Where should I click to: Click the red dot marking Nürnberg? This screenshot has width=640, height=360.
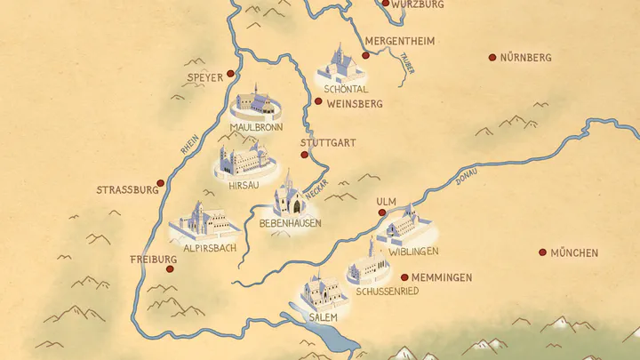click(492, 58)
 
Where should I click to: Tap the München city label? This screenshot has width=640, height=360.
click(574, 253)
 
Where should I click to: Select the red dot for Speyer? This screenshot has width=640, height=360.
click(231, 74)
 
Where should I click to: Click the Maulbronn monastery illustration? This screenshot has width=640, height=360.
click(256, 105)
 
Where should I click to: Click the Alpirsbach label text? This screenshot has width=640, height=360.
click(209, 248)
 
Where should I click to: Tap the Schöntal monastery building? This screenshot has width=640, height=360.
click(339, 64)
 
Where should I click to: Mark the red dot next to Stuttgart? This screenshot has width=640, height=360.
click(304, 155)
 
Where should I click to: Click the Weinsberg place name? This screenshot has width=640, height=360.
click(355, 104)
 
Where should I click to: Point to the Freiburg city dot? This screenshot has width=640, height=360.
click(170, 268)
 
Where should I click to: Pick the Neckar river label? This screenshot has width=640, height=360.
click(317, 188)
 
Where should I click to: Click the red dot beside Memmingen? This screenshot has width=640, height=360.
click(404, 277)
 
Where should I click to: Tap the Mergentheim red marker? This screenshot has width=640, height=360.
click(365, 55)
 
